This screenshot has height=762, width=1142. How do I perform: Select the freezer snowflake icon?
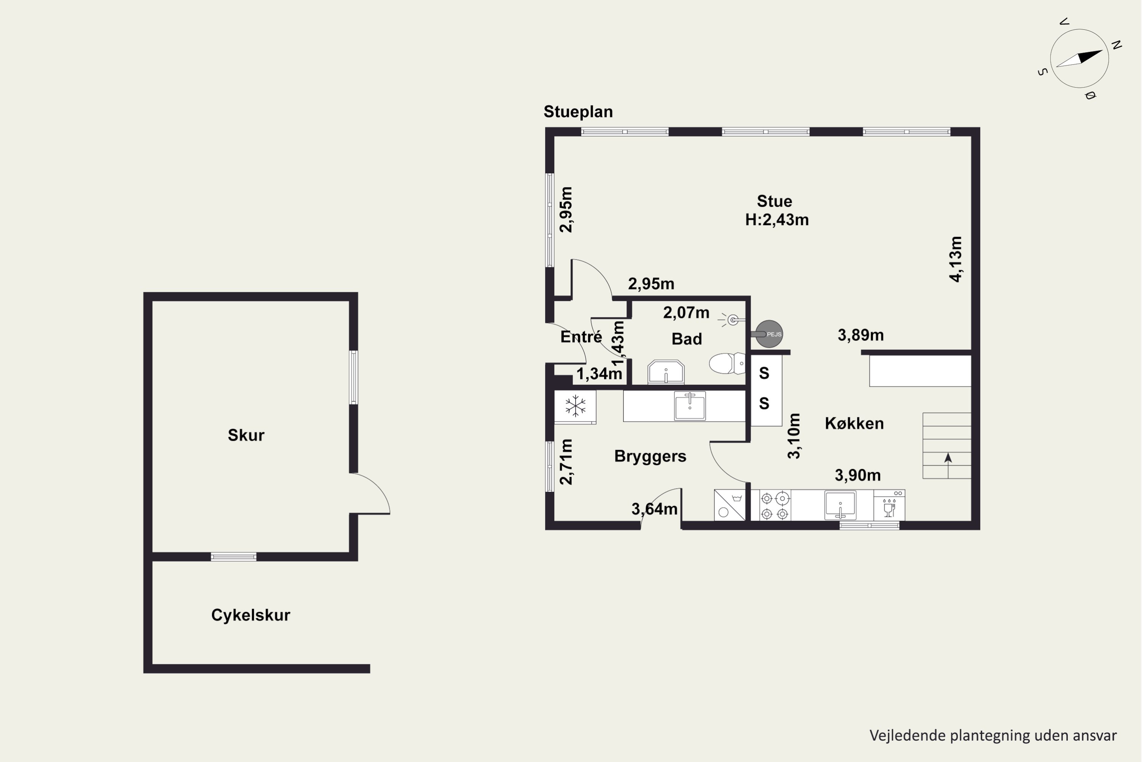pos(575,406)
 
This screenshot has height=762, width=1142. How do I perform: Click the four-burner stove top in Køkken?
pos(775,506)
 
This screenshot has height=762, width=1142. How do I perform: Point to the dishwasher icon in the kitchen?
pos(889,506)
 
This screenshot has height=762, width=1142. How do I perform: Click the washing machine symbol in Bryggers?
pos(730,505)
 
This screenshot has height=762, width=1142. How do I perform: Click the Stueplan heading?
pos(578,112)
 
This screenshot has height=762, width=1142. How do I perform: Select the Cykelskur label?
pos(250,615)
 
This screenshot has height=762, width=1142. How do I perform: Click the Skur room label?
pos(246,435)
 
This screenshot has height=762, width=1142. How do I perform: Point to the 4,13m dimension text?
pos(955,259)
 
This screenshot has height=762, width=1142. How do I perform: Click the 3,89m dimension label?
pos(861,335)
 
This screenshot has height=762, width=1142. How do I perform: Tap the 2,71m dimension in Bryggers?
pos(566,462)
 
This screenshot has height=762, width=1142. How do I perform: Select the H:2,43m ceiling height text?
pos(777,220)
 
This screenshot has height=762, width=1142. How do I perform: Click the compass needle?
pos(1079,58)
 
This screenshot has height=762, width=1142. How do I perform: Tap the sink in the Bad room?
pos(666,372)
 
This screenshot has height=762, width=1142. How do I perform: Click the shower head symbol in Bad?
pos(732,320)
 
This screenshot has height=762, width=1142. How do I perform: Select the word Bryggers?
pos(650,456)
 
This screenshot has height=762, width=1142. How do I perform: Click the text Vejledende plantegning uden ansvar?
pos(993,736)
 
